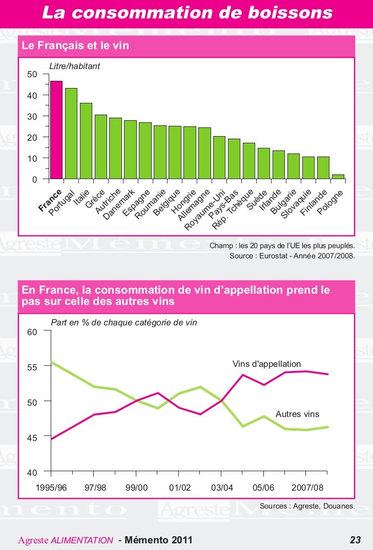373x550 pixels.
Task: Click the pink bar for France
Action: pyautogui.click(x=56, y=130)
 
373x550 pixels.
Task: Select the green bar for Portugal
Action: pyautogui.click(x=71, y=134)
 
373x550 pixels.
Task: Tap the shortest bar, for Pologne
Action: pyautogui.click(x=338, y=177)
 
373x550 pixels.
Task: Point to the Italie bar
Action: pyautogui.click(x=86, y=141)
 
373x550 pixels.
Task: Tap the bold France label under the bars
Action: pyautogui.click(x=50, y=200)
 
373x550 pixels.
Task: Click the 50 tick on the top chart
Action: pyautogui.click(x=32, y=75)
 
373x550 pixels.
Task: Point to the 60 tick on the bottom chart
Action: pyautogui.click(x=32, y=332)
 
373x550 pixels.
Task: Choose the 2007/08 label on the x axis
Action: pyautogui.click(x=307, y=488)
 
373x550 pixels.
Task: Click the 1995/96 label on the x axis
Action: pyautogui.click(x=51, y=488)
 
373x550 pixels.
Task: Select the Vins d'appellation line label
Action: pyautogui.click(x=266, y=364)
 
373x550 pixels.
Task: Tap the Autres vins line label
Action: pyautogui.click(x=297, y=414)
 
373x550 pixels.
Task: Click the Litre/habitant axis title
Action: pyautogui.click(x=74, y=67)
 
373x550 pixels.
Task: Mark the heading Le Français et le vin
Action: pyautogui.click(x=75, y=46)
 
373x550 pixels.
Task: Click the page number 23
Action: pyautogui.click(x=355, y=540)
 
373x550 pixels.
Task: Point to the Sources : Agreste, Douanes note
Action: pyautogui.click(x=307, y=506)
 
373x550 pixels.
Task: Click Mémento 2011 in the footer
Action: pyautogui.click(x=159, y=540)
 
